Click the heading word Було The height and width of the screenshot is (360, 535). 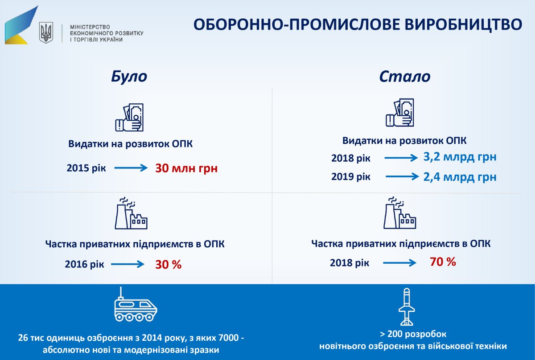click(129, 77)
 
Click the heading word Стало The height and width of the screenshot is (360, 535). click(404, 77)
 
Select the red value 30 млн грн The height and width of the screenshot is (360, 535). click(186, 169)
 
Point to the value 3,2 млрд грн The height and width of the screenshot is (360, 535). click(460, 157)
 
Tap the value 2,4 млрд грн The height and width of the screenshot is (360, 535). click(460, 177)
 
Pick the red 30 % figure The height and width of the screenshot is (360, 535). click(168, 264)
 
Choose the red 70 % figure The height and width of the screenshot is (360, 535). click(443, 262)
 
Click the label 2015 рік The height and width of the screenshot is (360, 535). click(86, 169)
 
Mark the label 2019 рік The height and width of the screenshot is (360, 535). click(350, 176)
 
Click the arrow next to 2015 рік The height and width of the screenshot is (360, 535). click(130, 168)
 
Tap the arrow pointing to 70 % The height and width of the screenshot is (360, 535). click(399, 263)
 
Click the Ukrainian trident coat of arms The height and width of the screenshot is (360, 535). click(46, 33)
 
